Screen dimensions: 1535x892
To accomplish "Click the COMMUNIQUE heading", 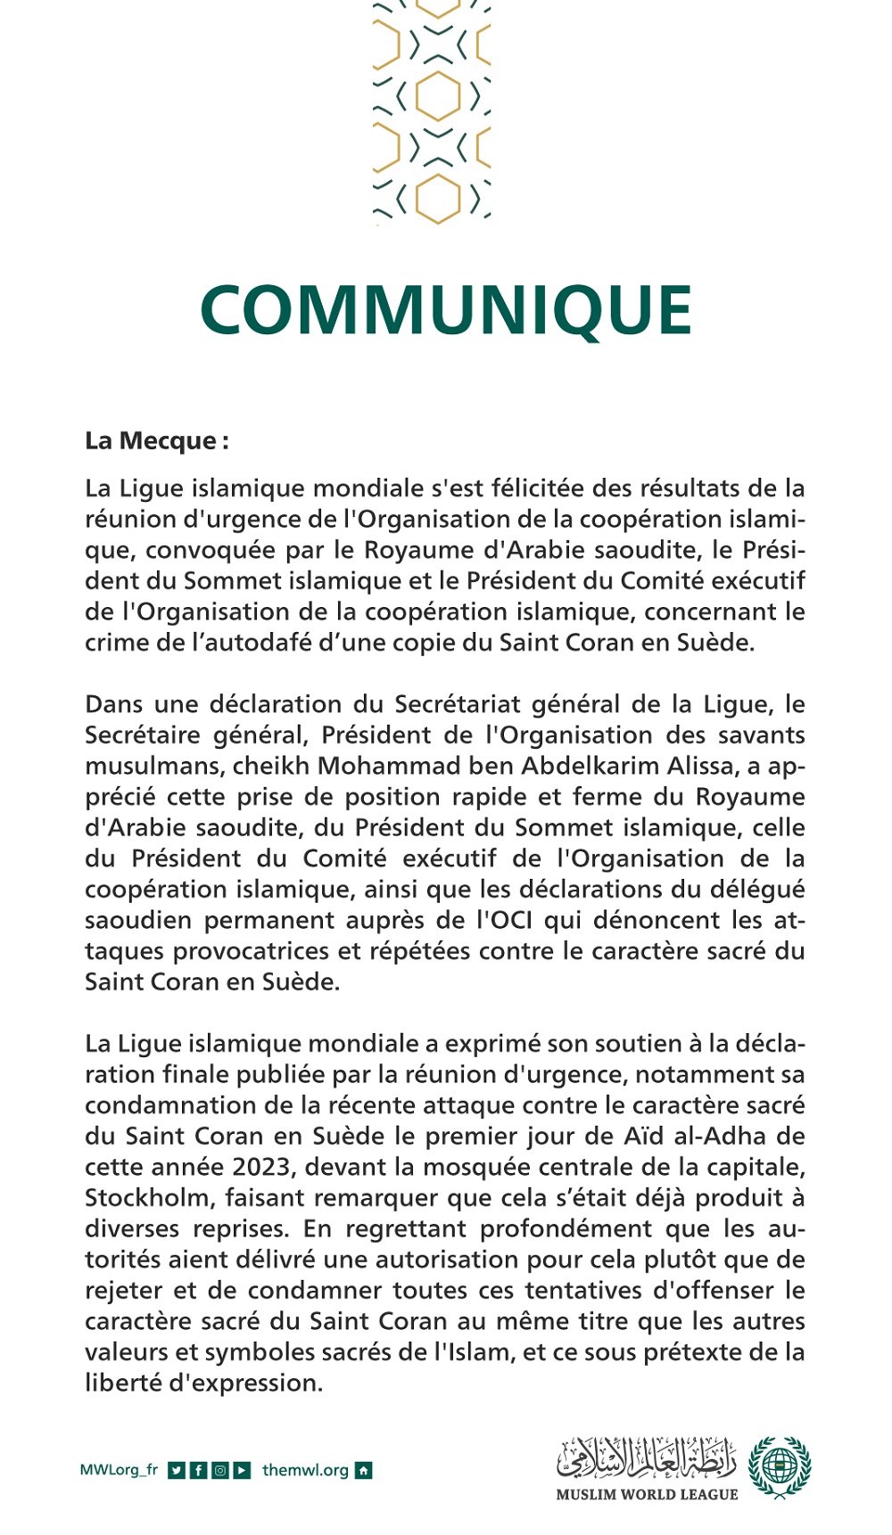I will tap(446, 311).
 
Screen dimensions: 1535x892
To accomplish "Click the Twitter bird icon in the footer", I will tap(177, 1471).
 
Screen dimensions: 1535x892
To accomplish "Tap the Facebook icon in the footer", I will tap(198, 1471).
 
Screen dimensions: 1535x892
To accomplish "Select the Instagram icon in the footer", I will tap(219, 1471).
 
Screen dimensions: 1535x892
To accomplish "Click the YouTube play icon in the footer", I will tap(242, 1471).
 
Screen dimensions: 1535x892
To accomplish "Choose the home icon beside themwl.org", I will tap(363, 1471).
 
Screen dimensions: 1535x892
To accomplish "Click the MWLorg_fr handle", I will tap(119, 1471).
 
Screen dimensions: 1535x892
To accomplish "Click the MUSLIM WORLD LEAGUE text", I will tap(647, 1495).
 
